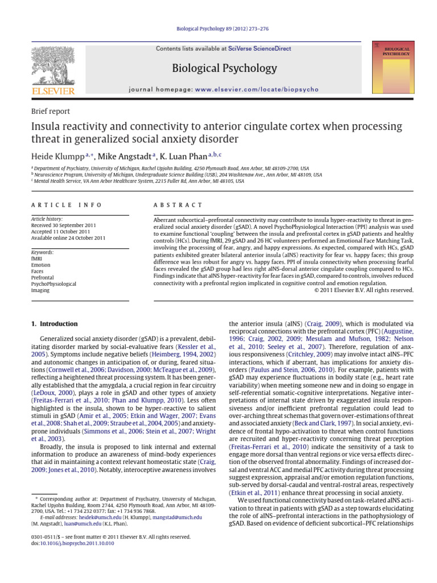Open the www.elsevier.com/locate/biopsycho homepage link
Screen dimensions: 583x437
coord(257,90)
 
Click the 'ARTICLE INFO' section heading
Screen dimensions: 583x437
coord(67,205)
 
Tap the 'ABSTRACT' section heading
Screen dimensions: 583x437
coord(178,205)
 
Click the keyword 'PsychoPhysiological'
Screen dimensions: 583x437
coord(53,284)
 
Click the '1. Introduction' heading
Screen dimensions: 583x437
coord(54,324)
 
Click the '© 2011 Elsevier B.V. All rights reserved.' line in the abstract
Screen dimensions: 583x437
coord(364,290)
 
